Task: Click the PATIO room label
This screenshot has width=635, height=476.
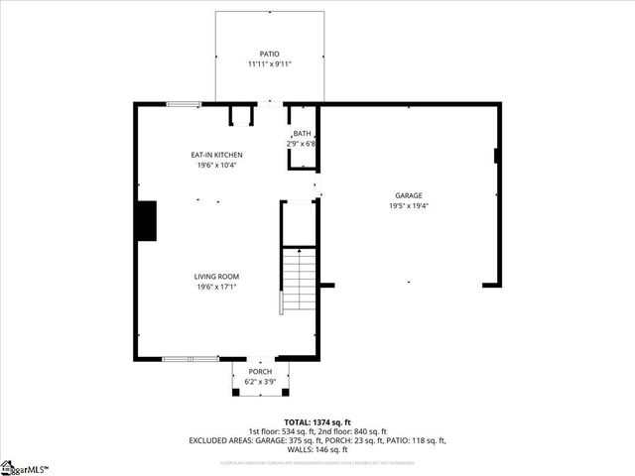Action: (x=270, y=54)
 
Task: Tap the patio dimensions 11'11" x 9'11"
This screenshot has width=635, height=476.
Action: (x=270, y=64)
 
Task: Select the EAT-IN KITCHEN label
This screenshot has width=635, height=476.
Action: (x=217, y=155)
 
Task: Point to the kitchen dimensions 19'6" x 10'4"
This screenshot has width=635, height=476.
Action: (x=217, y=166)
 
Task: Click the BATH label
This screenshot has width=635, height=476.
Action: (x=303, y=134)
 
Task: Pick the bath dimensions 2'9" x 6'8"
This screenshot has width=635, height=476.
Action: (x=303, y=144)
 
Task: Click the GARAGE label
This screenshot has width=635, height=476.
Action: (x=409, y=196)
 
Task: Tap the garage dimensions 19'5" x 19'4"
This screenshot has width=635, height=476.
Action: (x=409, y=207)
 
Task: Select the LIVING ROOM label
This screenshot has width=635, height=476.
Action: (x=217, y=277)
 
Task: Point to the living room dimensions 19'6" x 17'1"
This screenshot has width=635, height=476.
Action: (x=217, y=288)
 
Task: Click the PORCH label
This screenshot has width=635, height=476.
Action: (x=261, y=372)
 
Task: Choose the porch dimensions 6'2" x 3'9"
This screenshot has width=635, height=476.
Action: (x=261, y=382)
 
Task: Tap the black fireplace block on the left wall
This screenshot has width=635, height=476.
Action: (x=147, y=220)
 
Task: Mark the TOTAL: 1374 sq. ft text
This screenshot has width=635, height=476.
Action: (x=317, y=422)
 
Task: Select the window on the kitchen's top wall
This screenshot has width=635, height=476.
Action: (x=183, y=103)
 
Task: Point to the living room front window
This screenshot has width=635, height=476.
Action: (x=186, y=359)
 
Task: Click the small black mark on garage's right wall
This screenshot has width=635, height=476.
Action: (x=495, y=155)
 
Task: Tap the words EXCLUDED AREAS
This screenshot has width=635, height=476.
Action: (x=221, y=440)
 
